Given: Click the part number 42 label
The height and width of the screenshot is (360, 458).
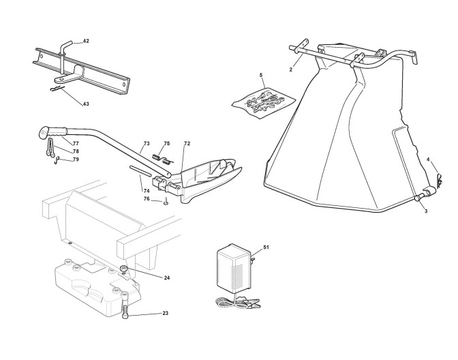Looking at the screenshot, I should coord(86,42).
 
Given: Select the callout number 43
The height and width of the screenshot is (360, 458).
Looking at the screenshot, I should coord(86,104).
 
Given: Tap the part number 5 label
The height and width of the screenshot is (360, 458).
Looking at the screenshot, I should coord(260,74).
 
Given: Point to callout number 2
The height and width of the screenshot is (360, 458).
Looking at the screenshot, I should coord(290,70).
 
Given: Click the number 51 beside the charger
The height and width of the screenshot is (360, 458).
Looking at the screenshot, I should coord(266,247).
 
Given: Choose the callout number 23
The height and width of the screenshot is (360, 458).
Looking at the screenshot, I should coord(165,314).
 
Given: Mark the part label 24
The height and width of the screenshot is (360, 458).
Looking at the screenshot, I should coord(167,277).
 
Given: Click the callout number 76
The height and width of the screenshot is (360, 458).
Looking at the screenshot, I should coord(147,199).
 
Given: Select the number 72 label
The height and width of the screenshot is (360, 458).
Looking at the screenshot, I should coord(187,144).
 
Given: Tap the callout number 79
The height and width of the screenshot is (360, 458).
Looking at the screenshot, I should coord(76,160).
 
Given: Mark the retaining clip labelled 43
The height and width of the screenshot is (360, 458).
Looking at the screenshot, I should coord(58,87).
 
